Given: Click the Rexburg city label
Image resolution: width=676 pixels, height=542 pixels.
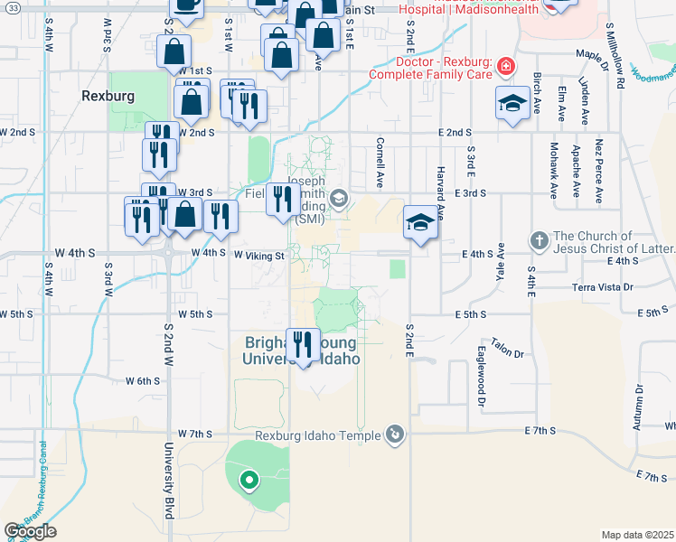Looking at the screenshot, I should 108,95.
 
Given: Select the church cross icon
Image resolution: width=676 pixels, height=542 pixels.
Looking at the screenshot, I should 539,240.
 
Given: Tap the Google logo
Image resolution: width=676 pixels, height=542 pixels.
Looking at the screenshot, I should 30,531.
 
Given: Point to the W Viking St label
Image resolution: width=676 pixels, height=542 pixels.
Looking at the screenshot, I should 259,256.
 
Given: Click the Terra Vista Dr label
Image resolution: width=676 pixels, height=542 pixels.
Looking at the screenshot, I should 606,287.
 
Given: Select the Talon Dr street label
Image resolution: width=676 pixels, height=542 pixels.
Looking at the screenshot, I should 507,349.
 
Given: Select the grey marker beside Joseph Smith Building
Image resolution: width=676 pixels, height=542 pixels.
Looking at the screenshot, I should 338,199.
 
